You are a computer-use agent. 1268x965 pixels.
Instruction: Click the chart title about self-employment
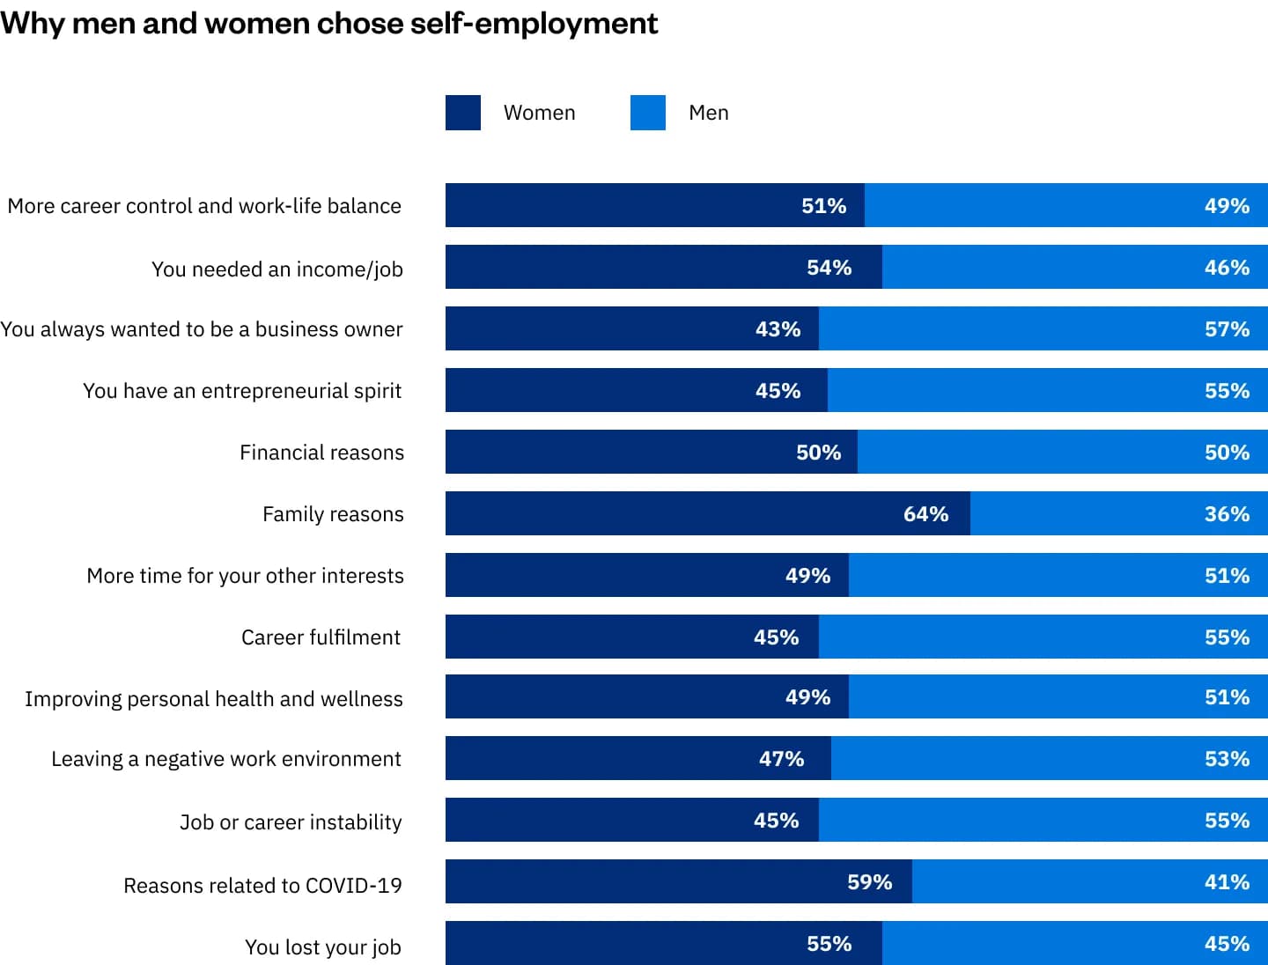[x=328, y=24]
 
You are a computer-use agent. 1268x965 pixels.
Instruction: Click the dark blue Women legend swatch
[x=462, y=113]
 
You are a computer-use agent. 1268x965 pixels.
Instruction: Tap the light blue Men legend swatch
[x=647, y=113]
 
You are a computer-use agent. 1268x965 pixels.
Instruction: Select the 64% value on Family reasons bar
[x=925, y=514]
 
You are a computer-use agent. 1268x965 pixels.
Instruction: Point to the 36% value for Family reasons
[x=1227, y=514]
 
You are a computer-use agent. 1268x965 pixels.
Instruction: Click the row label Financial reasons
[x=321, y=453]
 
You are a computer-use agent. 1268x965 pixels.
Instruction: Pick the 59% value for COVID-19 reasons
[x=869, y=882]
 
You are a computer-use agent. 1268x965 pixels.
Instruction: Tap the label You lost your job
[x=322, y=947]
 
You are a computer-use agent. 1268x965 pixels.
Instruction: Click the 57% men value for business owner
[x=1227, y=329]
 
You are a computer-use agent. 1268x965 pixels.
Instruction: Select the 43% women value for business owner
[x=778, y=329]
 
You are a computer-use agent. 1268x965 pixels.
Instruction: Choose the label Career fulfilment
[x=321, y=637]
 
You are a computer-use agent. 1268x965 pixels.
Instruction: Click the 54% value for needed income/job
[x=829, y=268]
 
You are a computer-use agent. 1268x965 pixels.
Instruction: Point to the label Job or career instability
[x=291, y=822]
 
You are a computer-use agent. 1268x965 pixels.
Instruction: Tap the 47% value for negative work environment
[x=781, y=759]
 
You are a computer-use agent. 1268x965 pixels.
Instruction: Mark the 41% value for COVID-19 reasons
[x=1227, y=882]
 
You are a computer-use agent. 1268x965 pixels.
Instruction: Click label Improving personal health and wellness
[x=214, y=699]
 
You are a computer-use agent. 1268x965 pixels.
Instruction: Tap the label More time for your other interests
[x=245, y=576]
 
